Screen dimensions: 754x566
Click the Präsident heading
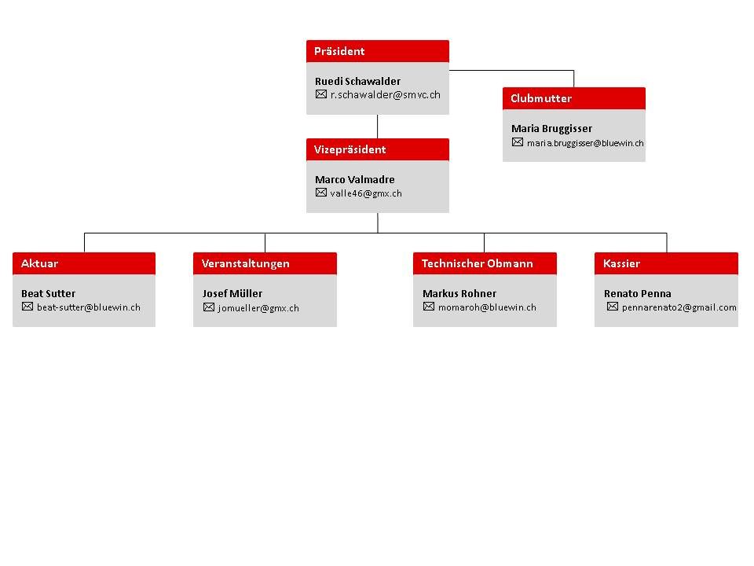point(339,52)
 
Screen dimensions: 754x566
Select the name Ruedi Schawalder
point(357,81)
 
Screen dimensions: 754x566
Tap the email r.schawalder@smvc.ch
point(385,95)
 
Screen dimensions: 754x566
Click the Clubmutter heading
point(541,99)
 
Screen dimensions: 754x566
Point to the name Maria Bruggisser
point(551,129)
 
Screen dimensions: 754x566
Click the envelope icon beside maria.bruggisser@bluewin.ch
point(518,142)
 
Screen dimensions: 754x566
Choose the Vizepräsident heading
point(350,149)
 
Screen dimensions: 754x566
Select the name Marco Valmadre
point(354,179)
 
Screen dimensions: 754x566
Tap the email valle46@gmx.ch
point(366,193)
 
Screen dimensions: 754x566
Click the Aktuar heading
point(39,264)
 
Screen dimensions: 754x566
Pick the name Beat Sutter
point(48,293)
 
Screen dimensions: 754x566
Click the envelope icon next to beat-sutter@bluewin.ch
point(27,307)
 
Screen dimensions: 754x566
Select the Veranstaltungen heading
point(245,264)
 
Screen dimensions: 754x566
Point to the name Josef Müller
point(232,293)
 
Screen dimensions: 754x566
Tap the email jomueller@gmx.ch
point(258,308)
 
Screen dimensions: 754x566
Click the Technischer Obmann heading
point(477,264)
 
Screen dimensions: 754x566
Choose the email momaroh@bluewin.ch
point(487,307)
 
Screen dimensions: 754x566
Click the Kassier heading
point(621,264)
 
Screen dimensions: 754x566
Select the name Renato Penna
point(637,293)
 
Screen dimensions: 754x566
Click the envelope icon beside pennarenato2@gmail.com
point(612,307)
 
